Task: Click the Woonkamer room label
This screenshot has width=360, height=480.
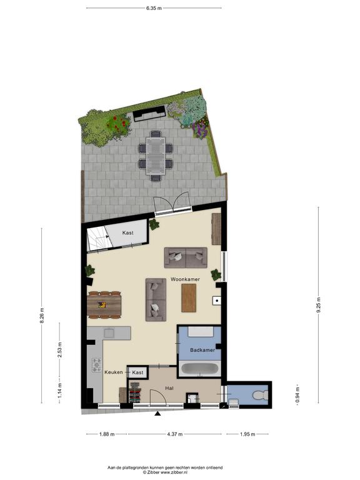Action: point(185,279)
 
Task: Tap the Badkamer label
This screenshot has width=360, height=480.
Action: point(202,350)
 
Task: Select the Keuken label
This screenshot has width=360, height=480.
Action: point(114,372)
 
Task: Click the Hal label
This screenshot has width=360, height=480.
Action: point(169,388)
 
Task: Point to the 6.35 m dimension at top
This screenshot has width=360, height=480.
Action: point(154,8)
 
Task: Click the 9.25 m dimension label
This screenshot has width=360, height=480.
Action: point(318,305)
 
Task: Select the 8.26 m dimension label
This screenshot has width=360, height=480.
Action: point(42,315)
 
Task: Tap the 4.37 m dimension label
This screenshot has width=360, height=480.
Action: point(175,434)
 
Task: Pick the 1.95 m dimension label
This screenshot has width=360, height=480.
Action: point(247,434)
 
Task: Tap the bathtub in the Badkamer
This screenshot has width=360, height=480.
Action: point(199,369)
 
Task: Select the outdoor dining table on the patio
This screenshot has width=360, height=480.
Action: point(156,156)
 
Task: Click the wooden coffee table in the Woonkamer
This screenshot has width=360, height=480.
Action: point(189,298)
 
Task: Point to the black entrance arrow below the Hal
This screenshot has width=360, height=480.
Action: point(157,414)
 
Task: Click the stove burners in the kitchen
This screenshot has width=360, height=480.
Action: point(97,365)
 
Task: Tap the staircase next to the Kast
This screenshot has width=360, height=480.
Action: point(96,237)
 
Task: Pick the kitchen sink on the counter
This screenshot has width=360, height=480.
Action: point(109,332)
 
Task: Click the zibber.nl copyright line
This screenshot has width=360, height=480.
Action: point(165,472)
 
